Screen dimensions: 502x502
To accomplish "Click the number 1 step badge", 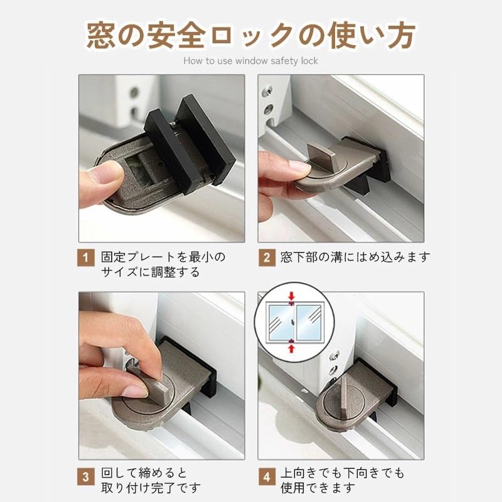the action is [x=86, y=257].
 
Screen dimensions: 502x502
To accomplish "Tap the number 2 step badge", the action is [x=267, y=257].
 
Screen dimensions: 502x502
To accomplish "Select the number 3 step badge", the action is [x=86, y=477].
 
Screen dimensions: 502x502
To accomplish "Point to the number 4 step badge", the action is [x=267, y=477].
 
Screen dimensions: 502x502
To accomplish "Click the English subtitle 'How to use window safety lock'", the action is [x=250, y=61].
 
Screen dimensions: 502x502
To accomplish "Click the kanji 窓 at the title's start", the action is [x=100, y=35].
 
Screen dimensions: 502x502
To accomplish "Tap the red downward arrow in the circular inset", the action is [x=291, y=296].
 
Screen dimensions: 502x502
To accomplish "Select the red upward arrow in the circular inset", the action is [x=291, y=348].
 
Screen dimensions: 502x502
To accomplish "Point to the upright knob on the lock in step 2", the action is [x=321, y=153].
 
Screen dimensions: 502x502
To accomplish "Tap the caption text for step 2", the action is [x=355, y=257].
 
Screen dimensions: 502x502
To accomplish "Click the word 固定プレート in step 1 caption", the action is [x=137, y=257].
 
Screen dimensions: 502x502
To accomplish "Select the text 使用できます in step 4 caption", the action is [x=318, y=488].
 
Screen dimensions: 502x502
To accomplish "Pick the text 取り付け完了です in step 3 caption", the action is [x=151, y=488].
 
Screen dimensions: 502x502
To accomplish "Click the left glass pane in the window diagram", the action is [x=280, y=323].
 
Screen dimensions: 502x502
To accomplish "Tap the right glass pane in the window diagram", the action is [x=308, y=323].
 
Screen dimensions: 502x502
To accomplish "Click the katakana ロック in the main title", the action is [x=253, y=35].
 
